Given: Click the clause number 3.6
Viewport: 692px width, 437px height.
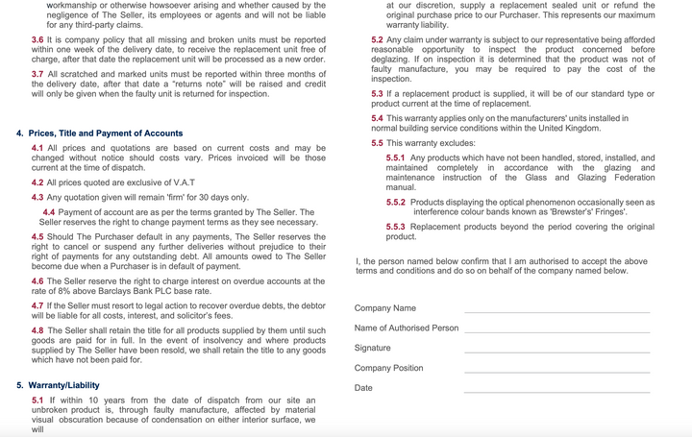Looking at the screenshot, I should click(x=37, y=40).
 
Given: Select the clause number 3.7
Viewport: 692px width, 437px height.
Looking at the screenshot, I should click(x=37, y=74).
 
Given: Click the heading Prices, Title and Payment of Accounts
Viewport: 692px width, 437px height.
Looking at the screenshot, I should click(x=106, y=134).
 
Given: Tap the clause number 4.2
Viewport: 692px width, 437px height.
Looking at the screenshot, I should click(x=37, y=182).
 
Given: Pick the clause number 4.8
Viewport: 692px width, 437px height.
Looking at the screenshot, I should click(x=37, y=330).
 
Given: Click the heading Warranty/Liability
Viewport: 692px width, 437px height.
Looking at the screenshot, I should click(x=63, y=385).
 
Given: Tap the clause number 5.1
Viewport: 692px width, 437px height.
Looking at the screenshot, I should click(x=37, y=401).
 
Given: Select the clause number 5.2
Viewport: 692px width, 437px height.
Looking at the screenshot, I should click(x=377, y=40).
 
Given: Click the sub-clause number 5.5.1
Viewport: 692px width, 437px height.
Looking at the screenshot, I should click(x=395, y=158).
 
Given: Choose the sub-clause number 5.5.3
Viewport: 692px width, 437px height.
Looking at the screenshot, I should click(x=395, y=227).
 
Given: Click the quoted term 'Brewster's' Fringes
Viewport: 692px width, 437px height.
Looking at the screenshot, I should click(x=587, y=211).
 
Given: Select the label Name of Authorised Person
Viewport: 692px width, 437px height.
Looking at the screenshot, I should click(x=407, y=328).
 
